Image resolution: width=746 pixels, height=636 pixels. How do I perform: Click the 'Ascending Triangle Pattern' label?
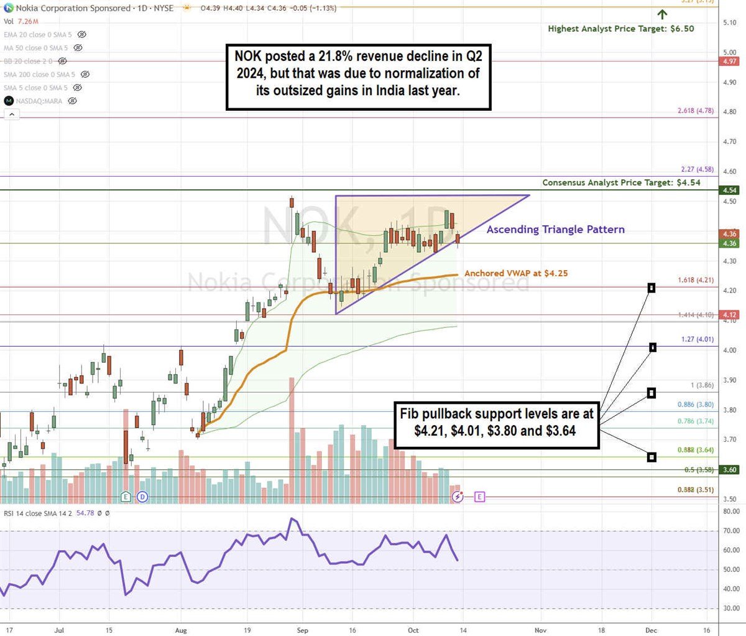(x=555, y=230)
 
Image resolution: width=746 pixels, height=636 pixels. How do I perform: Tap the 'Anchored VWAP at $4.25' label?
(x=516, y=273)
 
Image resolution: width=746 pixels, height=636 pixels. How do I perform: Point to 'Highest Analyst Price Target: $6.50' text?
(x=621, y=29)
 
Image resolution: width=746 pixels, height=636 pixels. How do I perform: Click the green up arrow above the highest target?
(x=663, y=14)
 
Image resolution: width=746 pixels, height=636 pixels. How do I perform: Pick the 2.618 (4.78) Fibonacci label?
(x=696, y=111)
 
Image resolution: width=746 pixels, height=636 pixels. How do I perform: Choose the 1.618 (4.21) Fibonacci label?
(x=696, y=281)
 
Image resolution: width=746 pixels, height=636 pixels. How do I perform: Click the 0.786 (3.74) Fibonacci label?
(x=696, y=421)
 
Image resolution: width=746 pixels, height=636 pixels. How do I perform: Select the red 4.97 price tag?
(x=730, y=62)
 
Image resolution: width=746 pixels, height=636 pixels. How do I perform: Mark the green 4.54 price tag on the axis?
(x=730, y=190)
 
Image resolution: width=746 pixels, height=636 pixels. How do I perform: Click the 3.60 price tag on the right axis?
(x=730, y=470)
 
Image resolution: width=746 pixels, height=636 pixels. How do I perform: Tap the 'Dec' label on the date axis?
(x=652, y=629)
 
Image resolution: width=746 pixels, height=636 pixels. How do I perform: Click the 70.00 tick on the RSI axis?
(x=731, y=531)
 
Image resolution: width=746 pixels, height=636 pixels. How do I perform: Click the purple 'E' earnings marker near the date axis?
(x=479, y=497)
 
